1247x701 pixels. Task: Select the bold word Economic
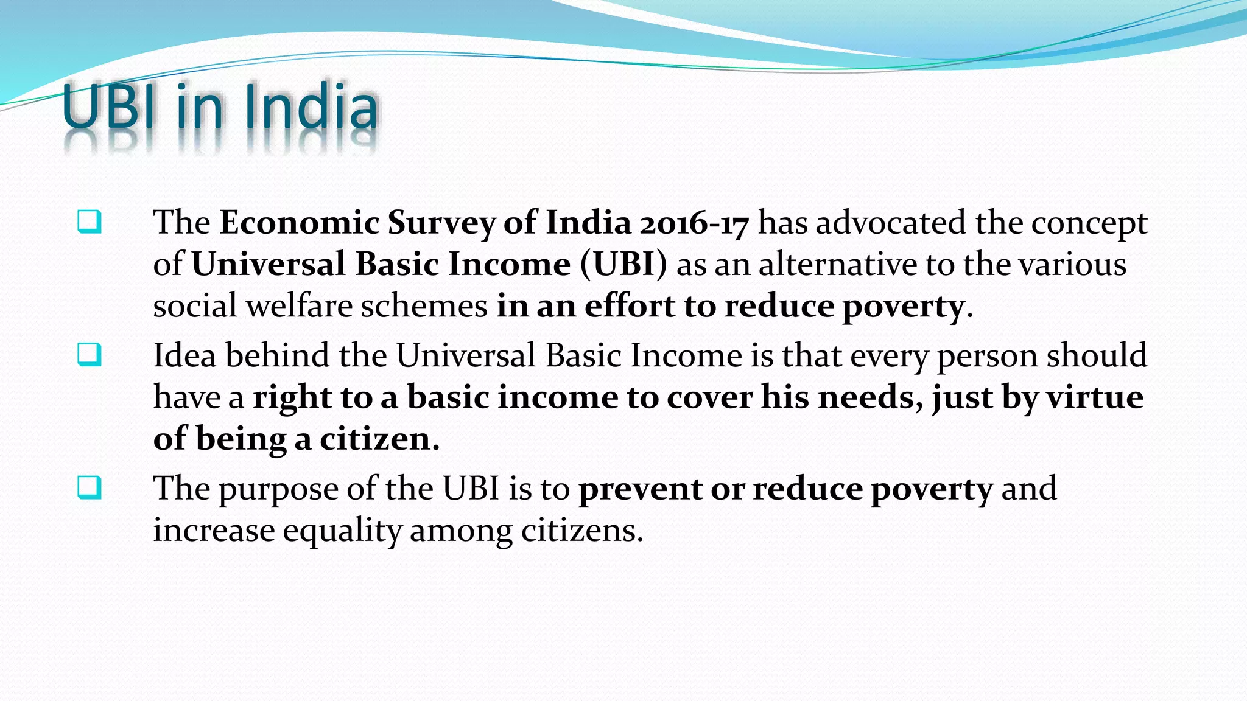300,222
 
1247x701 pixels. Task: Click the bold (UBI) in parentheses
623,264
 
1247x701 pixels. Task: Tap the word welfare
298,305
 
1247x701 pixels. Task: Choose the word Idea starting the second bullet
184,355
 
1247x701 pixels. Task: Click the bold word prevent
640,489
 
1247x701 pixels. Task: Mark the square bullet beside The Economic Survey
89,222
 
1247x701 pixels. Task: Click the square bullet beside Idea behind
89,355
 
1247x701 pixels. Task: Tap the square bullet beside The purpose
89,488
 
